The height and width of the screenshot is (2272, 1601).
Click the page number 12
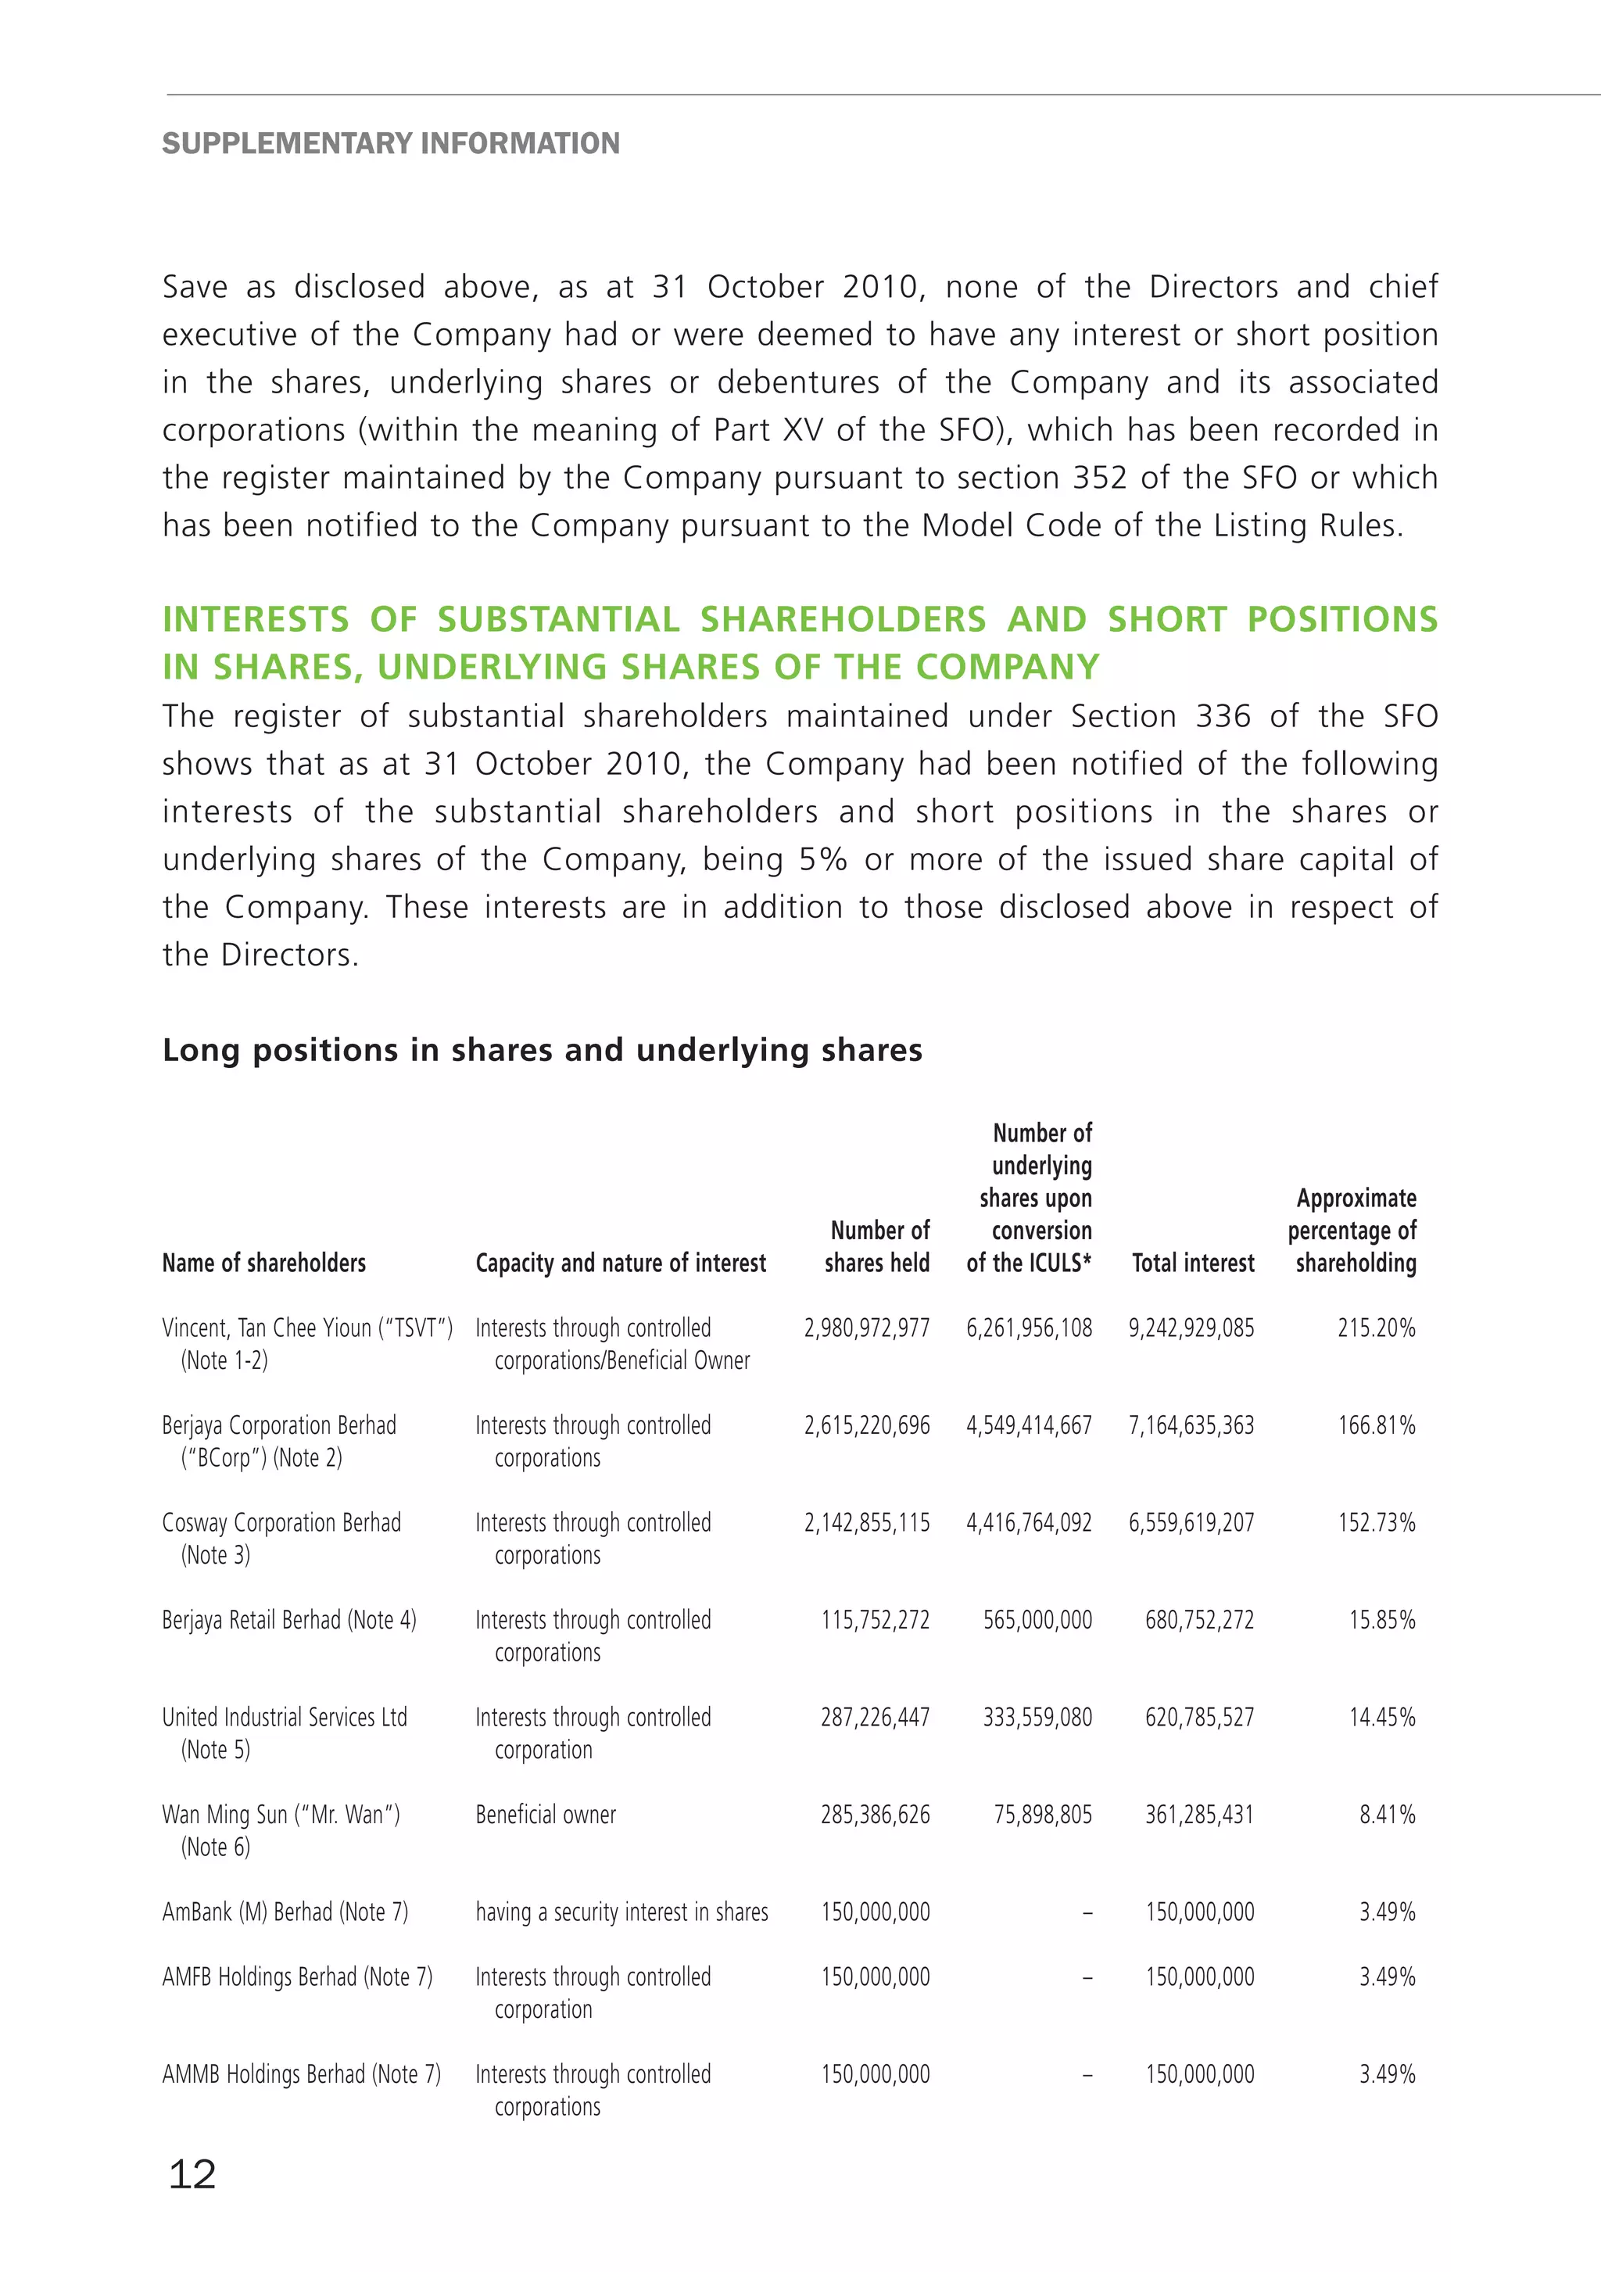[192, 2174]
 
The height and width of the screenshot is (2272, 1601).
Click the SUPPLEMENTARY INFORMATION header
[390, 144]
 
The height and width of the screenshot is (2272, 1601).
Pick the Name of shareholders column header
[263, 1263]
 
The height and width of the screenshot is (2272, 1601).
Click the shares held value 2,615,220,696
[866, 1425]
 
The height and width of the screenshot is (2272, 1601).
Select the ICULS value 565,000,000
[1037, 1620]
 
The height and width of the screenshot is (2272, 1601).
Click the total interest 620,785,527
[1199, 1717]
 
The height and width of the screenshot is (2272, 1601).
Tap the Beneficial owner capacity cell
[545, 1814]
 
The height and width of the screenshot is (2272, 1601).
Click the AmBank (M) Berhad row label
[285, 1912]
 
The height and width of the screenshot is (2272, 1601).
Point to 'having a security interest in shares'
[621, 1912]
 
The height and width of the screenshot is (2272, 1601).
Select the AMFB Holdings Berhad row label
[297, 1976]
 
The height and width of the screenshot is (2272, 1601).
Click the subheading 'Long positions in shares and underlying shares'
[543, 1050]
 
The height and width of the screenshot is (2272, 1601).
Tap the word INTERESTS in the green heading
[256, 619]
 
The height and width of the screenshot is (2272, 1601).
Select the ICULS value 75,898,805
[1042, 1814]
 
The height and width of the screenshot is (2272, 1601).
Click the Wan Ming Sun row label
[281, 1814]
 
